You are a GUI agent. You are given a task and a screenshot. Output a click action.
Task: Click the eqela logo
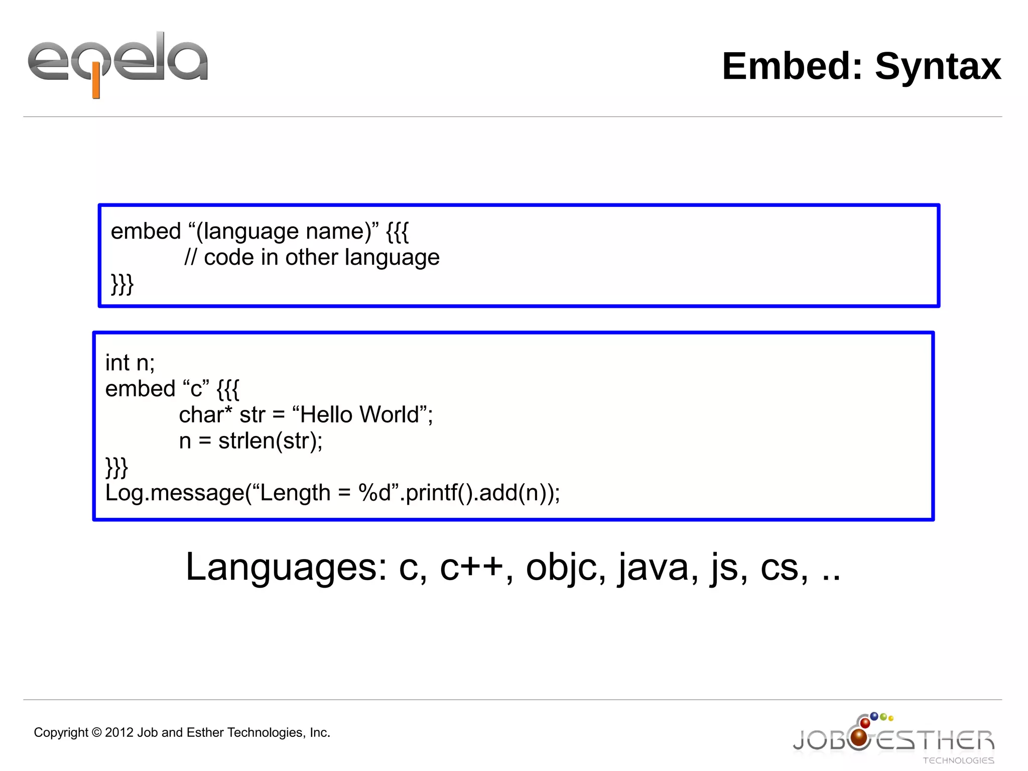(x=117, y=63)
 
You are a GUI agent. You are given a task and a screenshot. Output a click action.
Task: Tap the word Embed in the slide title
(x=792, y=66)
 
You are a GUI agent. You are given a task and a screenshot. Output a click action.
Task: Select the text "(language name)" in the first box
(x=283, y=232)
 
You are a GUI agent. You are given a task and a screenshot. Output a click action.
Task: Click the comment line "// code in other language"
(x=312, y=258)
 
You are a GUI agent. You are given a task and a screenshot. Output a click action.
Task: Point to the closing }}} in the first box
(x=122, y=284)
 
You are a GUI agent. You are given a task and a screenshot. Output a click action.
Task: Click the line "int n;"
(x=130, y=363)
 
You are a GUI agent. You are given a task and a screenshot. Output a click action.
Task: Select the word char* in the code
(x=205, y=415)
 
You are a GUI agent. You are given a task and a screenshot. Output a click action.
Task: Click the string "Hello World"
(x=359, y=415)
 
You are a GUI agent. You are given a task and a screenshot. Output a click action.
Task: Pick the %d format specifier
(x=374, y=493)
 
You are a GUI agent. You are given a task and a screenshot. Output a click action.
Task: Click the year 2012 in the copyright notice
(x=119, y=733)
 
